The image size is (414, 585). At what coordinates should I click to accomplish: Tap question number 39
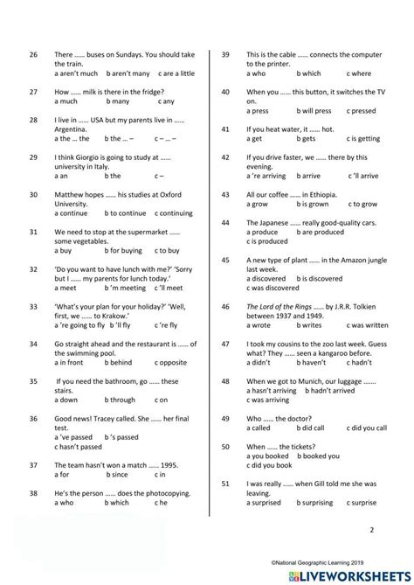[225, 54]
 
